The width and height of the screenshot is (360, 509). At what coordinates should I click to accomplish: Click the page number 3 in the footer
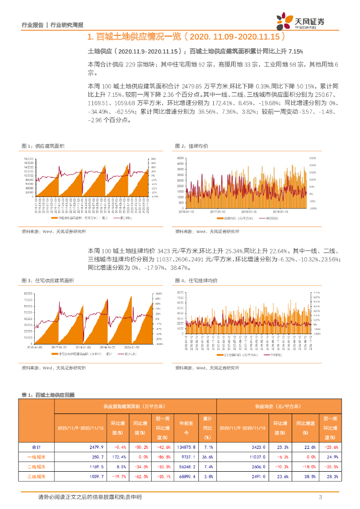click(321, 497)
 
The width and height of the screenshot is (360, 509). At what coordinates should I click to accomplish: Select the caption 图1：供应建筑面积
click(43, 146)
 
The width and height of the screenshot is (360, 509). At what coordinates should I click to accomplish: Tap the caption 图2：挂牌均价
click(191, 146)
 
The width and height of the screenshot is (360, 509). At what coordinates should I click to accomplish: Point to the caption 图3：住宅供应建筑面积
click(48, 281)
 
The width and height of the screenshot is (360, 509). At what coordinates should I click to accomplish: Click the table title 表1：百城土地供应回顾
click(48, 394)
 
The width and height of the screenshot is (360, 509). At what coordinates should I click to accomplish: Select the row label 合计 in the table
click(36, 447)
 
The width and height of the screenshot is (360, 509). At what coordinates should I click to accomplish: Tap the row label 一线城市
click(36, 457)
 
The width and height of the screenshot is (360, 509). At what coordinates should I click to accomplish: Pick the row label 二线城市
click(36, 467)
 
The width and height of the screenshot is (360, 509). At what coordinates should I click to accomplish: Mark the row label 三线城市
click(36, 477)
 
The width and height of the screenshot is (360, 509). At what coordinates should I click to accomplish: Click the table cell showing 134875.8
click(187, 447)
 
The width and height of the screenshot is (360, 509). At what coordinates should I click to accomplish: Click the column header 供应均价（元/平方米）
click(278, 406)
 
